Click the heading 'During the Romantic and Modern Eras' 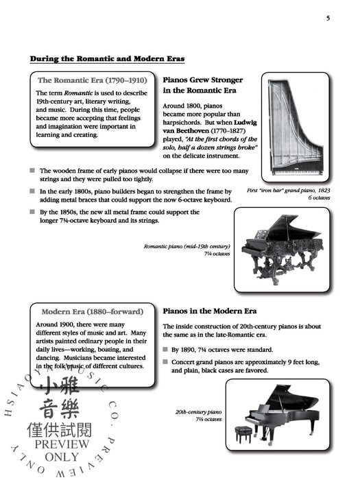coord(107,59)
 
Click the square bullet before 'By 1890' coord(166,350)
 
